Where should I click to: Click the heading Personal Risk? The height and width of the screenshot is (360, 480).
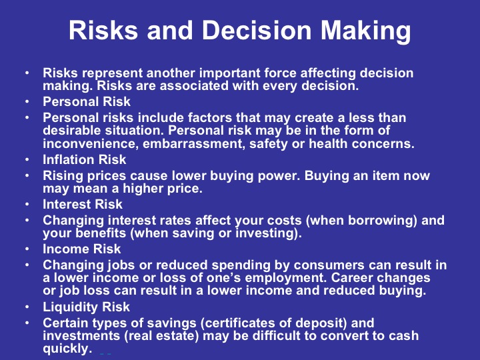pyautogui.click(x=86, y=103)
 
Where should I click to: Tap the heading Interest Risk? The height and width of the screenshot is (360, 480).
pyautogui.click(x=83, y=205)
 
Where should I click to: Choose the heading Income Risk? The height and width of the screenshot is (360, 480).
pyautogui.click(x=82, y=249)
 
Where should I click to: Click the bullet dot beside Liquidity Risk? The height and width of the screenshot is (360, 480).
pyautogui.click(x=26, y=307)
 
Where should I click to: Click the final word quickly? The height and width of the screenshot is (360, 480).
pyautogui.click(x=66, y=349)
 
